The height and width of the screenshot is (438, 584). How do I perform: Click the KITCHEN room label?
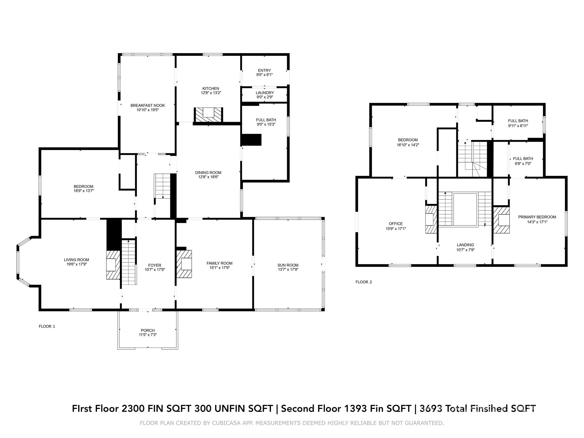click(x=211, y=88)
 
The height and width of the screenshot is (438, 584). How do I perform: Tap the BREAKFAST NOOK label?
click(x=147, y=105)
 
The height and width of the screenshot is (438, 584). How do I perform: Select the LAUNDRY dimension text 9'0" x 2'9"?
click(x=265, y=97)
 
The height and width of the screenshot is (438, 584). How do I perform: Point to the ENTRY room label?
click(x=264, y=70)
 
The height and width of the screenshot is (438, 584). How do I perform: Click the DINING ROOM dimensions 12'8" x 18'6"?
click(x=208, y=177)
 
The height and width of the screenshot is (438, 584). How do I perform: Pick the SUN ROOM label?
click(x=288, y=265)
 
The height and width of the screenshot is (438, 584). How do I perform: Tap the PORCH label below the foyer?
click(x=148, y=330)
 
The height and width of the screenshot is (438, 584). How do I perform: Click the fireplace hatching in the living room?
click(x=113, y=265)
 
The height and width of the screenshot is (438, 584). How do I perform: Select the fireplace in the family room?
click(x=184, y=264)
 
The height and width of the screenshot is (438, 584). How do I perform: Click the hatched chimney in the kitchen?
click(x=208, y=115)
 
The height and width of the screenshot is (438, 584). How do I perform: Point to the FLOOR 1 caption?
click(x=47, y=326)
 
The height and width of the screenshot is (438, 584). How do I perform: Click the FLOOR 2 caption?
click(x=364, y=282)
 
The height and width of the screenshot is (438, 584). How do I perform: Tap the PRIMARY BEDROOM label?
click(x=537, y=217)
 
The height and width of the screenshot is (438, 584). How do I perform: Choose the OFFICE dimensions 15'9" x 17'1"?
click(x=396, y=228)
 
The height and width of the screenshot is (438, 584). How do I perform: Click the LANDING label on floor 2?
click(x=465, y=245)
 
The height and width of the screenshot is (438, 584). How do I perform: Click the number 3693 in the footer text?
click(x=431, y=408)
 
